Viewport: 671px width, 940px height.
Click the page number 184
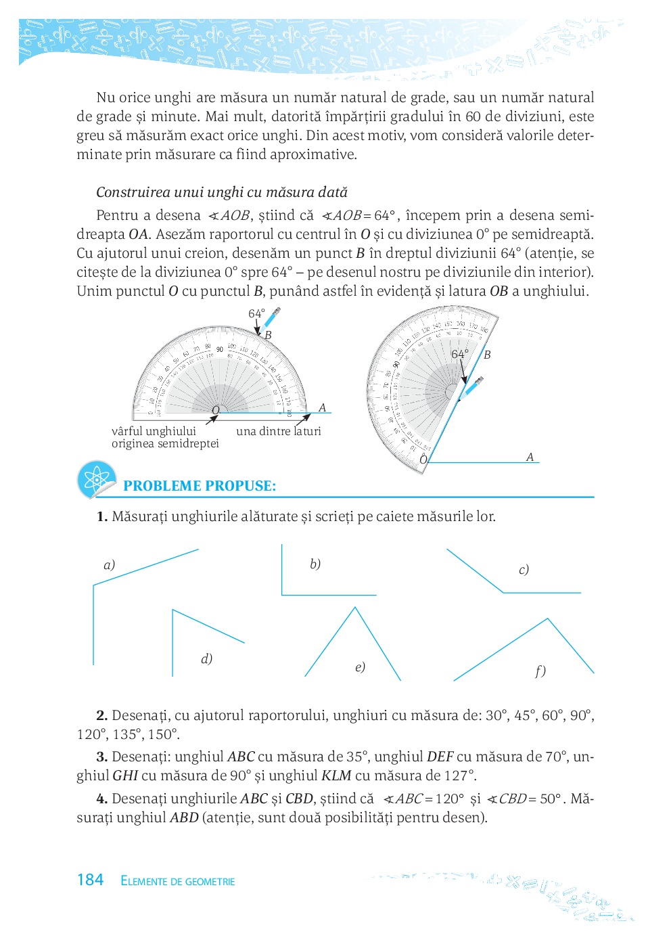pos(90,880)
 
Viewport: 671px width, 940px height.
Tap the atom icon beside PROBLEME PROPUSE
pos(97,480)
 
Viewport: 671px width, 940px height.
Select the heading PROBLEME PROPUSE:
pos(200,486)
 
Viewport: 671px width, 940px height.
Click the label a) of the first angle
pos(109,564)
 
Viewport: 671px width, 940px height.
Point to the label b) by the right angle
pos(315,564)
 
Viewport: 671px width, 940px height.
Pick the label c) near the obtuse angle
pos(524,569)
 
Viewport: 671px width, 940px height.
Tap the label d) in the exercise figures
pos(207,658)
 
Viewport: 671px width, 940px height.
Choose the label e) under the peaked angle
pos(360,667)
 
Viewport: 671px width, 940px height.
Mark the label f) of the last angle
pos(540,671)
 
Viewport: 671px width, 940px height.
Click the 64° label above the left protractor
pos(256,313)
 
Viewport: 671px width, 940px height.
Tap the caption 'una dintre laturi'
pos(279,431)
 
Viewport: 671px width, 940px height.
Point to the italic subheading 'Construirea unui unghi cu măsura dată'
pos(222,192)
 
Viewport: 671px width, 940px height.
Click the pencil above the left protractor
pos(272,317)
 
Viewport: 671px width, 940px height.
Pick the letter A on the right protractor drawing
pos(530,457)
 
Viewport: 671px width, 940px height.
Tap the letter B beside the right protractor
pos(487,355)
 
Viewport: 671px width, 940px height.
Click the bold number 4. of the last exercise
pos(102,799)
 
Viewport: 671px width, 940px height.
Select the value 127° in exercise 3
pos(459,776)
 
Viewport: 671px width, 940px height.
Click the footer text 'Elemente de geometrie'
pos(178,881)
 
